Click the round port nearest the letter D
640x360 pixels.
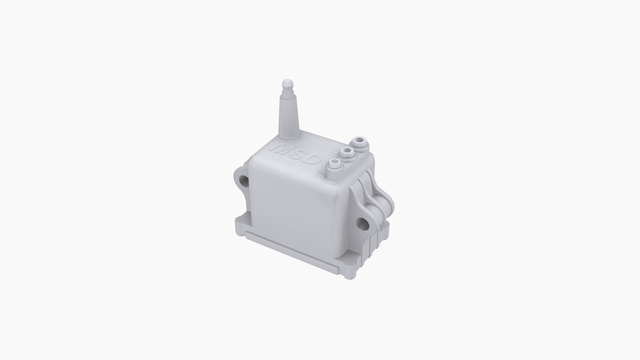point(334,164)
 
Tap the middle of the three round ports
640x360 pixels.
point(347,153)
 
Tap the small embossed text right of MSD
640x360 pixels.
point(321,172)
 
